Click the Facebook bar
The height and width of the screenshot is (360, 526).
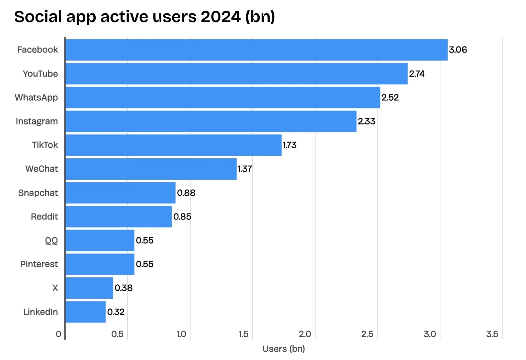coord(256,50)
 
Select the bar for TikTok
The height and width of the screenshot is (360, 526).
coord(173,145)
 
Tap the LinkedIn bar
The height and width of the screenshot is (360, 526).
coord(86,312)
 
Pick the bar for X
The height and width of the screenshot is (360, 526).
coord(89,288)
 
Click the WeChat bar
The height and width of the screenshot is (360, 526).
coord(151,169)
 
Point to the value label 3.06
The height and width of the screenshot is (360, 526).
coord(457,50)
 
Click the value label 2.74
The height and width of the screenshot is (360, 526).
coord(416,74)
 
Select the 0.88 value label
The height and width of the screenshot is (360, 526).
coord(186,193)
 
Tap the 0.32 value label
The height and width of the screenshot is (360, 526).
coord(116,312)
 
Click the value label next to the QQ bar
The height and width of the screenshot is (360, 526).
coord(145,240)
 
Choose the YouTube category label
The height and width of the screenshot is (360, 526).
coord(40,74)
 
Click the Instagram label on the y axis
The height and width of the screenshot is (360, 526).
coord(37,121)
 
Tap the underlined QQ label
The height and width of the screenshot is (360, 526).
coord(51,240)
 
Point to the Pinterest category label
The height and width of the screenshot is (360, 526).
coord(39,264)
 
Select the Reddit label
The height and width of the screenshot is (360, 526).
coord(44,216)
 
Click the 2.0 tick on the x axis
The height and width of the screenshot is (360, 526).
coord(304,334)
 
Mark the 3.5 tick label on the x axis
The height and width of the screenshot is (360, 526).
coord(492,334)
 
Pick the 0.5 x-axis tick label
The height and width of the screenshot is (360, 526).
coord(117,334)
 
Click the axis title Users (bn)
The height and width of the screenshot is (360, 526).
coord(283,349)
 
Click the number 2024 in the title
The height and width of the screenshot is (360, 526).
coord(221,16)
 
